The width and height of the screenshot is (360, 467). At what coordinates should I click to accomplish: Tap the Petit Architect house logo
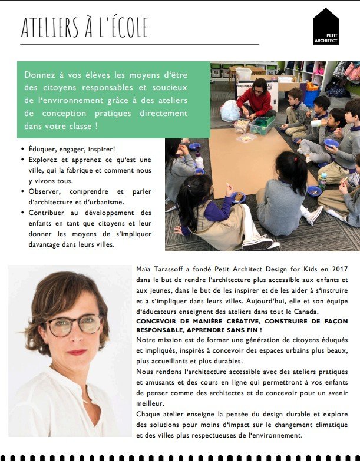325,27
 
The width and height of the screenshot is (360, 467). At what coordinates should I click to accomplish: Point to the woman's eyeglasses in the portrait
74,324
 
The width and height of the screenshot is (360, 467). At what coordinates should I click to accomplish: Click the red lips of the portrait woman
77,353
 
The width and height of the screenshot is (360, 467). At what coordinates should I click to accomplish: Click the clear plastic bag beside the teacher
229,111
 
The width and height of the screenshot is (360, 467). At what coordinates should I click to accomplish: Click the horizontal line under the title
139,45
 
